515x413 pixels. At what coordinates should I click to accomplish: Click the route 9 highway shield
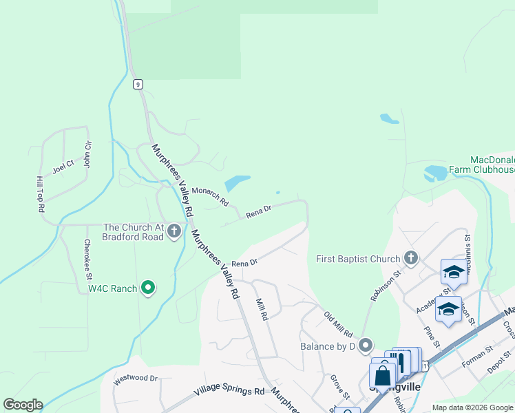(x=138, y=84)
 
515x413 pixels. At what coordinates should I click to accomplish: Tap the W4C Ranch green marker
(x=148, y=287)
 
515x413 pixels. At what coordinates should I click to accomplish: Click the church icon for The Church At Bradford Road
(x=175, y=231)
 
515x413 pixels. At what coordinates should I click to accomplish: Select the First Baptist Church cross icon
(x=411, y=258)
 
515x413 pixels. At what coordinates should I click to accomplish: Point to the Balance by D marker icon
(x=365, y=345)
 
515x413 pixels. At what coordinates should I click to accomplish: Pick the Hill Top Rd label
(x=40, y=193)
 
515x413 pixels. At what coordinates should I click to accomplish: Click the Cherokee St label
(x=88, y=260)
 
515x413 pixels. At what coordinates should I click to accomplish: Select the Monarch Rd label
(x=210, y=197)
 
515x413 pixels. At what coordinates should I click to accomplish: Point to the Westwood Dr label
(x=136, y=378)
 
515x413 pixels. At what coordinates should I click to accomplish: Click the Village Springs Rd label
(x=229, y=392)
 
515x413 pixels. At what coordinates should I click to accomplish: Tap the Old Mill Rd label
(x=338, y=324)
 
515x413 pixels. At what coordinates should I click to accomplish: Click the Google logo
(x=23, y=405)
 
